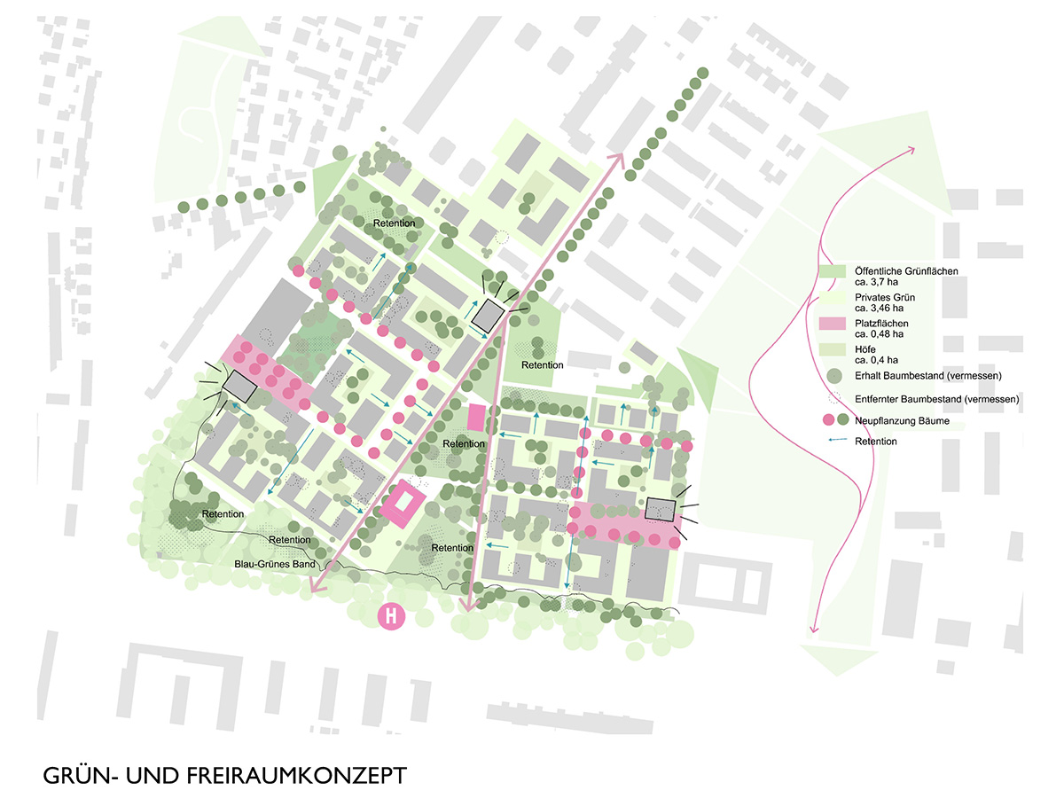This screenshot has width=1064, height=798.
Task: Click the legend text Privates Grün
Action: (883, 297)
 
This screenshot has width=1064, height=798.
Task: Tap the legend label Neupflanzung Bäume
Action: (903, 421)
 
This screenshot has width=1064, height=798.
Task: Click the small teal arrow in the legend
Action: (833, 441)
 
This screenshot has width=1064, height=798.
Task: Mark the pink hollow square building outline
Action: (403, 505)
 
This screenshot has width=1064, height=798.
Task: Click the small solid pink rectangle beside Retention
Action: (477, 418)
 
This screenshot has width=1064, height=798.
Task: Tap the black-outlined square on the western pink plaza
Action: (240, 385)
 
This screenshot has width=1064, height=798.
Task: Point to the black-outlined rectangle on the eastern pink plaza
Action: (661, 509)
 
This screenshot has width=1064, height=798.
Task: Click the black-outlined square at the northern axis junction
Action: (488, 315)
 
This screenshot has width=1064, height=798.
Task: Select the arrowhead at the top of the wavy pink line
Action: (913, 151)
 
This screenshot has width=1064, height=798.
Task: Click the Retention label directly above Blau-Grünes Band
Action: (290, 540)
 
